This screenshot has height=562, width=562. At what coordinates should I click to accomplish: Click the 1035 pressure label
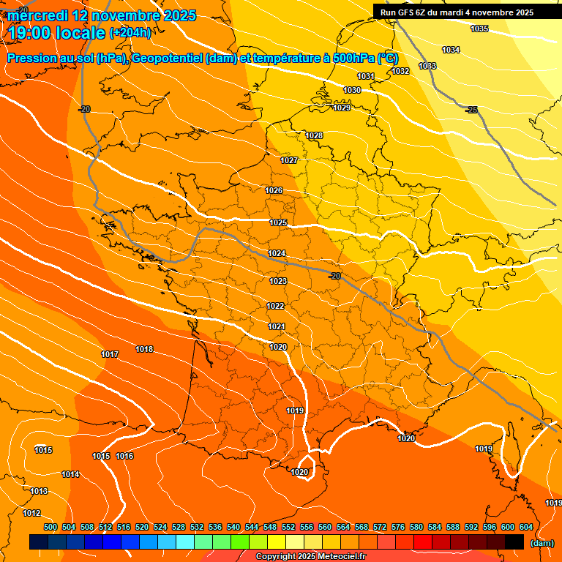pos(479,29)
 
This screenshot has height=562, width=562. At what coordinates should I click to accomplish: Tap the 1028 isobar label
pos(314,135)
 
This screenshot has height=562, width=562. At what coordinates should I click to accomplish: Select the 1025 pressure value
pos(278,222)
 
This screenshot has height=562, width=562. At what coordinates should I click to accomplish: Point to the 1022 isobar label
pos(275,306)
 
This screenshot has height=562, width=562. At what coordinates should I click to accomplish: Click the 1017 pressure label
pos(110,354)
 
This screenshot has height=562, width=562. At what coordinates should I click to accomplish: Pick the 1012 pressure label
pos(31,513)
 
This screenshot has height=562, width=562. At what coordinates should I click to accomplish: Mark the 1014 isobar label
pos(70,474)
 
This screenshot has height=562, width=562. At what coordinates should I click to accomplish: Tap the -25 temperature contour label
pos(472,110)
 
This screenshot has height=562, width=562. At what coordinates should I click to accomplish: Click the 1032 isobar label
pos(400,71)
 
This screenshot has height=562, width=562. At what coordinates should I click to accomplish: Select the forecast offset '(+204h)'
pos(130,33)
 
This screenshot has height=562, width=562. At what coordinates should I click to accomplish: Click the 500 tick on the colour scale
pos(50,527)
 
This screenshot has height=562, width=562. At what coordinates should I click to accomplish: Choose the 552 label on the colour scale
pos(288,527)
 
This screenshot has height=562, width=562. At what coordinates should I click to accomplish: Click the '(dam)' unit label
pos(542,543)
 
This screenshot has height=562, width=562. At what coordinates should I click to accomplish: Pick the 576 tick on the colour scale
pos(398,527)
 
